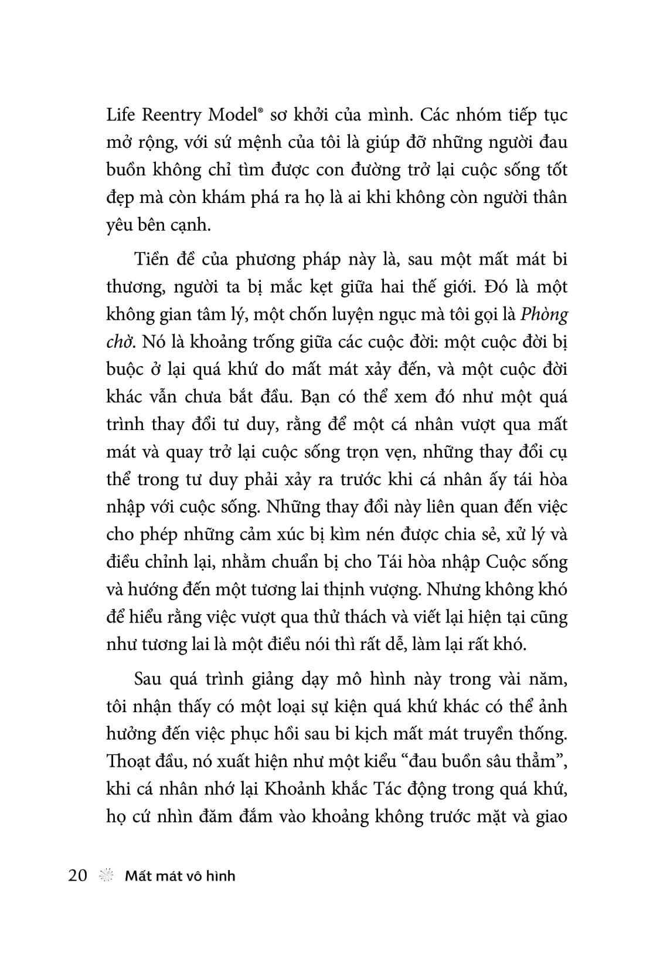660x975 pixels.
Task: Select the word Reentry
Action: click(171, 116)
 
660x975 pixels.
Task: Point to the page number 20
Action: click(77, 875)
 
